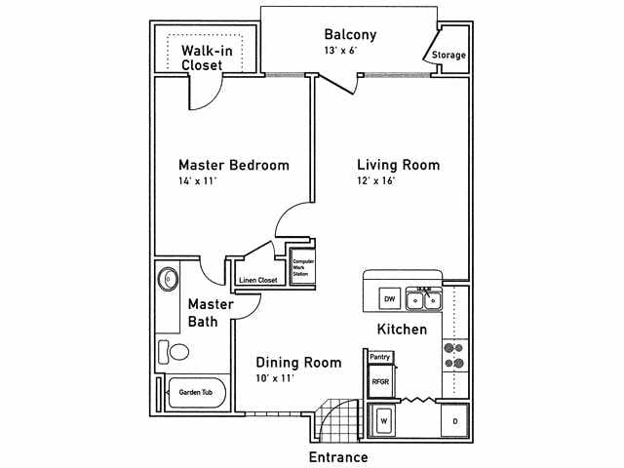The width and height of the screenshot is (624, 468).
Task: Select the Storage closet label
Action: click(448, 56)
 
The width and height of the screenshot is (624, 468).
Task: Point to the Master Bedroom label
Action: click(233, 165)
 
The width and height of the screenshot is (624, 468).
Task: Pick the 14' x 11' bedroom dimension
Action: click(198, 182)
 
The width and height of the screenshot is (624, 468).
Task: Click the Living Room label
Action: click(398, 165)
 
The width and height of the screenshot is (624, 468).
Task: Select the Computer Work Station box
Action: click(303, 265)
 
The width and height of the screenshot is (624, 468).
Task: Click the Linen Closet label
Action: click(258, 281)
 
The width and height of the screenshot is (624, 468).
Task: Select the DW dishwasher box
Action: click(388, 299)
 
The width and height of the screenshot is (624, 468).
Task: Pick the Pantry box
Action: click(379, 357)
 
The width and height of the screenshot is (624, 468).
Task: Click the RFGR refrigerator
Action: click(380, 382)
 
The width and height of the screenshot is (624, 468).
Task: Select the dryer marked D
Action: click(454, 421)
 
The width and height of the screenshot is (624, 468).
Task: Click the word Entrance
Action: click(338, 456)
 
